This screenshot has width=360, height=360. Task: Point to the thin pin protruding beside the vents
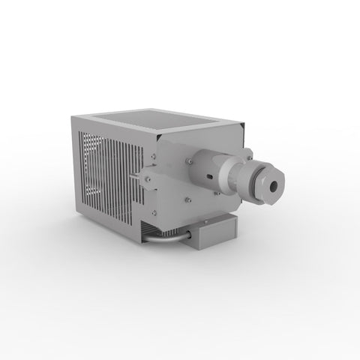[135, 177]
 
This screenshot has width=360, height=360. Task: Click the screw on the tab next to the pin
[148, 178]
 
